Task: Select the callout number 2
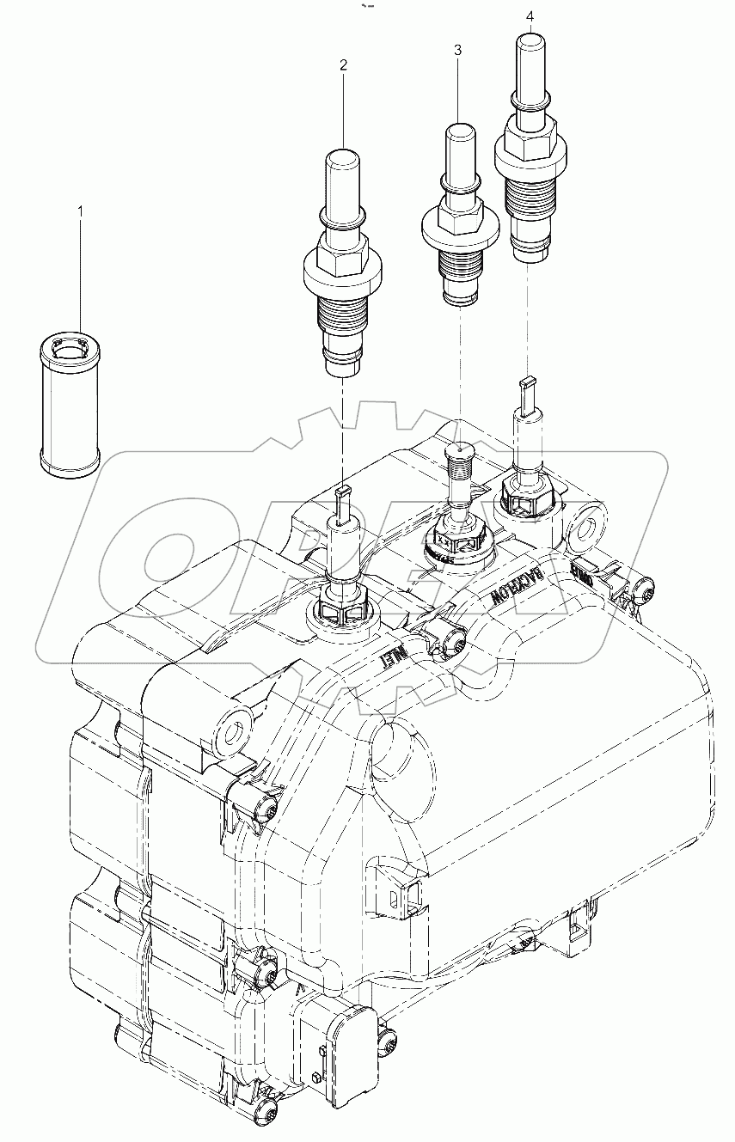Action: pyautogui.click(x=343, y=64)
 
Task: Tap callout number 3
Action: pyautogui.click(x=458, y=52)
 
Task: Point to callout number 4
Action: pyautogui.click(x=530, y=16)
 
